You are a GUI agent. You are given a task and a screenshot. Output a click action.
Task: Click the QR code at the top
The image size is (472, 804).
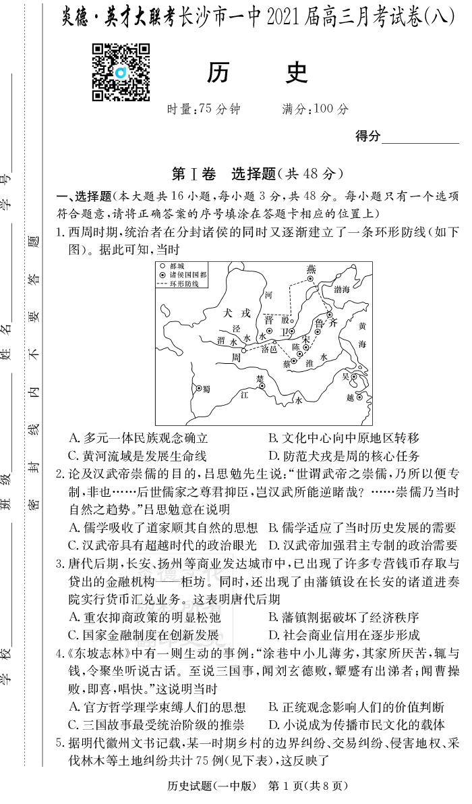[x=121, y=72]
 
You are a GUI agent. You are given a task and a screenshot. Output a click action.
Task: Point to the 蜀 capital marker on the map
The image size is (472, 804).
[x=198, y=388]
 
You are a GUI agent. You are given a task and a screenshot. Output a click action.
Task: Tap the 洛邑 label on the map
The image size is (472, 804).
[x=269, y=349]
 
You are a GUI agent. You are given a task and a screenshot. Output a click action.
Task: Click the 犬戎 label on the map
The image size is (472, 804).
[x=238, y=313]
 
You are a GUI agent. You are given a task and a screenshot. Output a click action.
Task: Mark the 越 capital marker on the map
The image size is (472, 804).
[x=358, y=397]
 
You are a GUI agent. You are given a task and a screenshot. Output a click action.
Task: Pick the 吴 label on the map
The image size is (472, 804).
[x=346, y=375]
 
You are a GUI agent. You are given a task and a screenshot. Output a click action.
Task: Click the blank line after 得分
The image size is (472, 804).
[x=419, y=138]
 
